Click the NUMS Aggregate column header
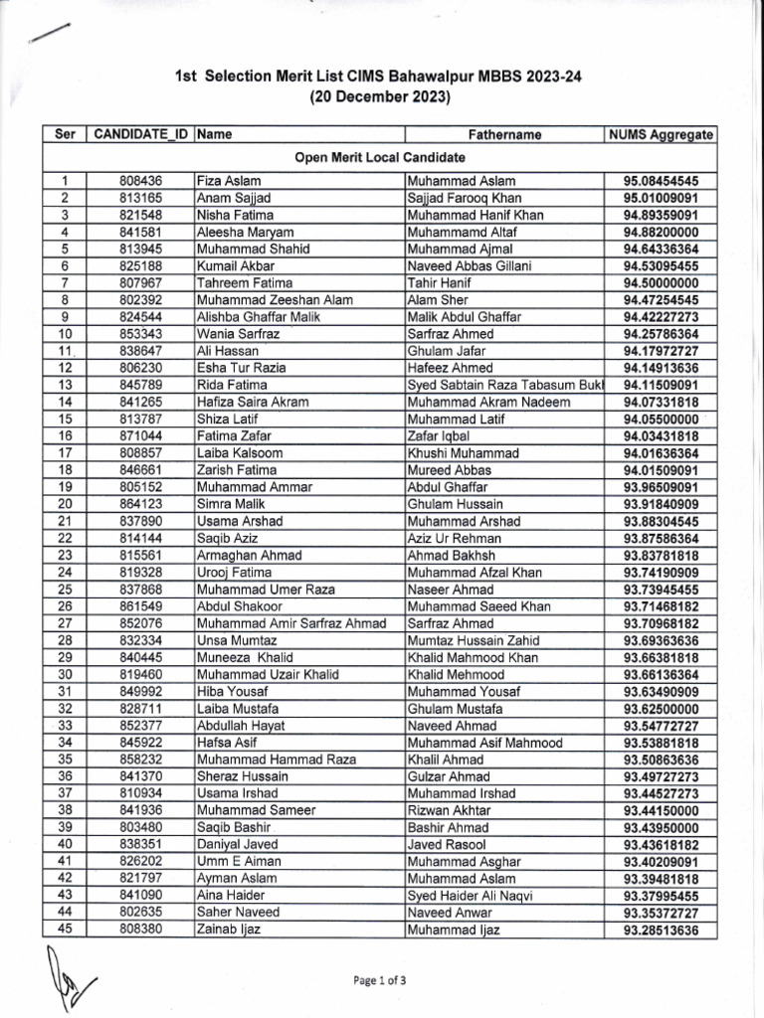click(x=661, y=134)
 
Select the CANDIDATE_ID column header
click(x=140, y=134)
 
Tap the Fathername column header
click(x=504, y=134)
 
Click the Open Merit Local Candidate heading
click(x=379, y=158)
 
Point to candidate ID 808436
click(x=140, y=182)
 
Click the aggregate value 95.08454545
click(x=661, y=182)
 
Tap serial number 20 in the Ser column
click(x=65, y=504)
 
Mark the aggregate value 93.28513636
click(x=661, y=930)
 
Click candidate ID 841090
click(x=140, y=896)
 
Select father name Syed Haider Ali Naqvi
click(x=471, y=896)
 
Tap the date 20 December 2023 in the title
click(x=379, y=97)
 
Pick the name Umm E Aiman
click(x=239, y=861)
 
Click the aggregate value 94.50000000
click(x=661, y=283)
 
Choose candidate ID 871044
click(x=140, y=436)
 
